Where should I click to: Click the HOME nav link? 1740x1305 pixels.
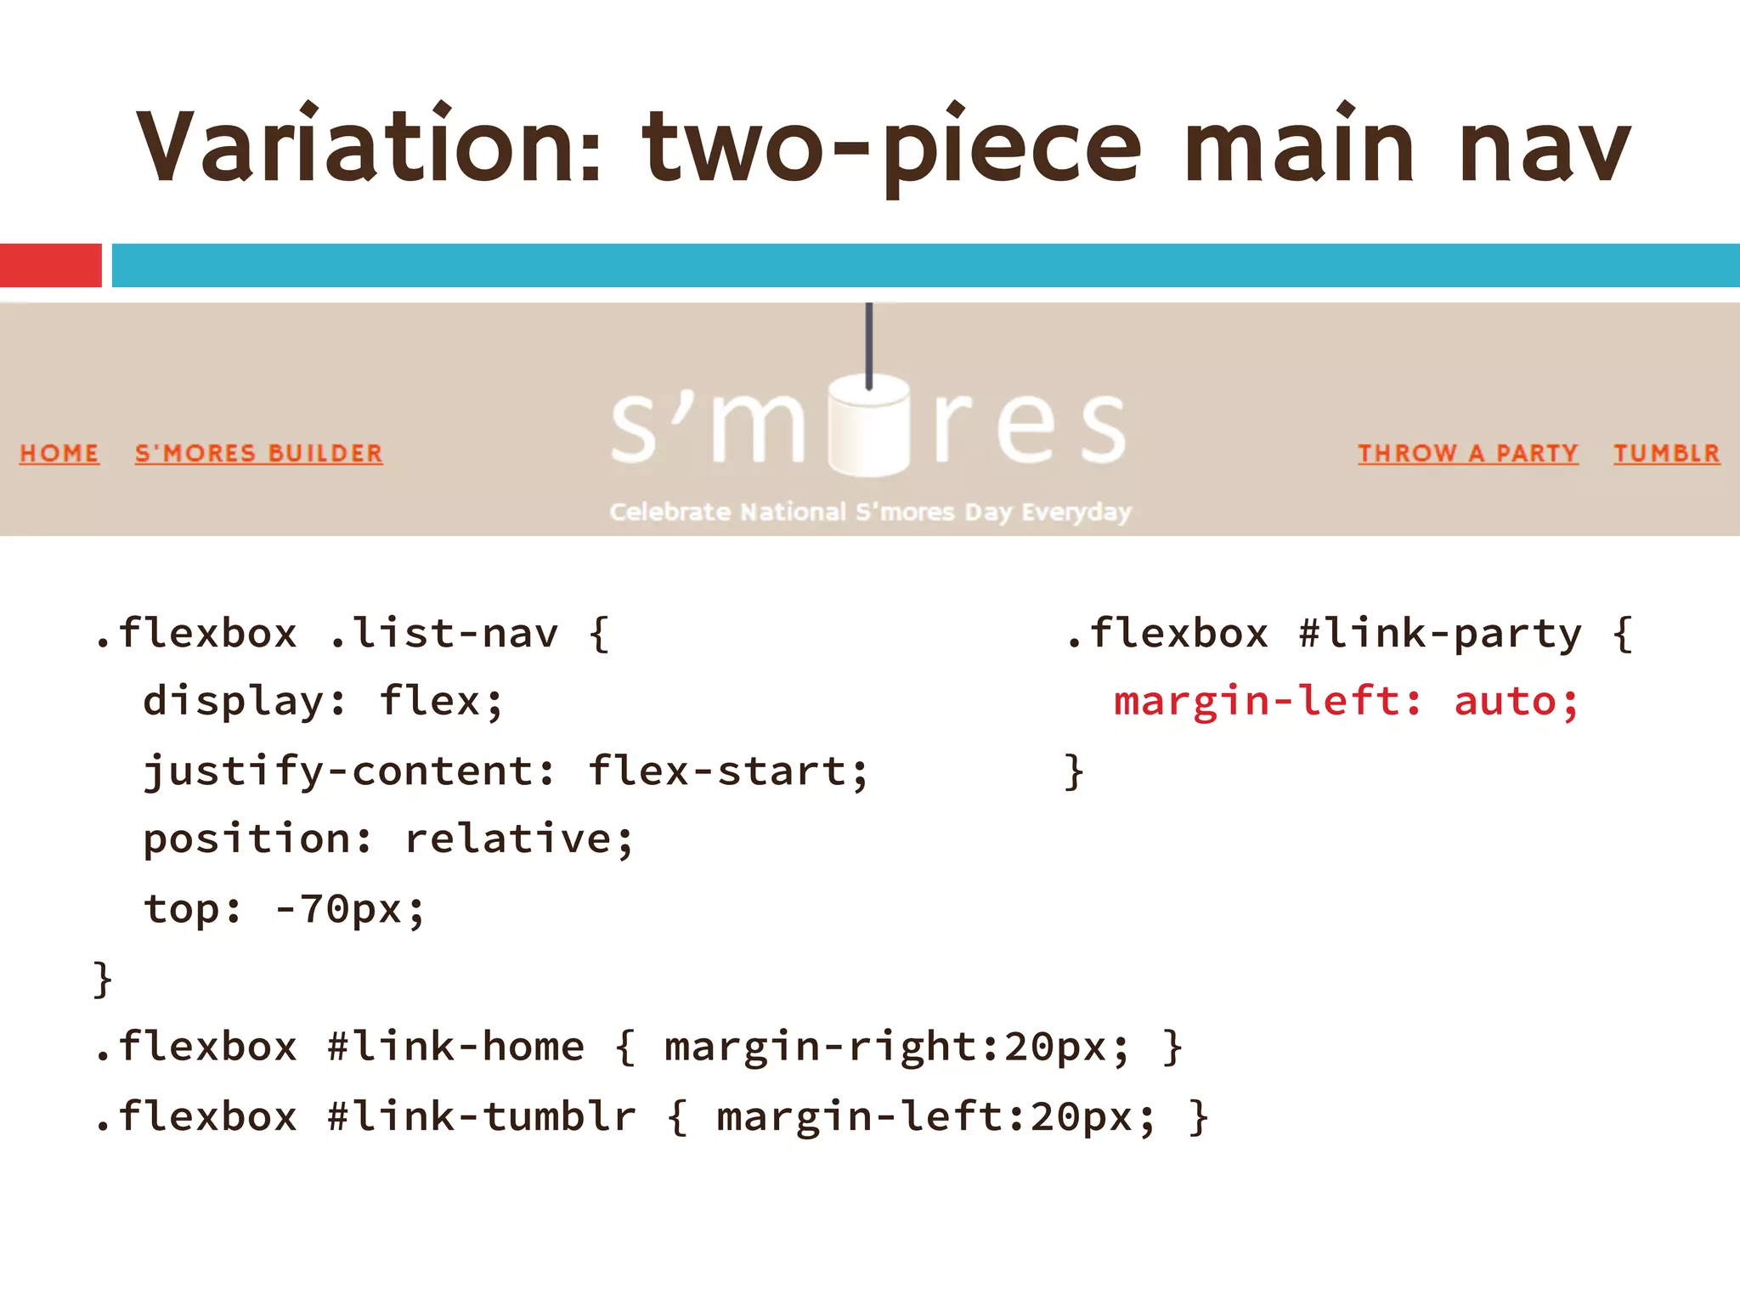[x=59, y=453]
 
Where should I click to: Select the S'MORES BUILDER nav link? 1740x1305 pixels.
[x=259, y=453]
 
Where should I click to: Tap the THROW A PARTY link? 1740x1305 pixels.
[x=1467, y=453]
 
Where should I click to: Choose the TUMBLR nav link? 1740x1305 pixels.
[x=1666, y=453]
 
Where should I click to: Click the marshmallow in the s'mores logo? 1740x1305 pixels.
[x=868, y=425]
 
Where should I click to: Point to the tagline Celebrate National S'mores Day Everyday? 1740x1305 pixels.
[x=870, y=511]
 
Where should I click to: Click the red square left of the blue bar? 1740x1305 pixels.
[x=50, y=265]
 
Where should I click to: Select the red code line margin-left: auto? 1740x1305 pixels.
[x=1345, y=703]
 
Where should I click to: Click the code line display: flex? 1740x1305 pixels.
[x=323, y=703]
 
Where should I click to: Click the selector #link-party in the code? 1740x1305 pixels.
[x=1440, y=634]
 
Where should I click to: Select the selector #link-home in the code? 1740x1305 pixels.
[x=456, y=1047]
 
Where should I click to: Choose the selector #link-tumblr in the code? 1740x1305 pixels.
[x=482, y=1116]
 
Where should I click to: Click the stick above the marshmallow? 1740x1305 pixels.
[x=868, y=340]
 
